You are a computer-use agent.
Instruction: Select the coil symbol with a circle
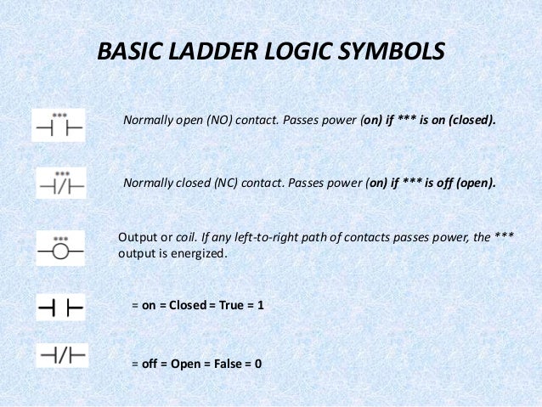tap(60, 248)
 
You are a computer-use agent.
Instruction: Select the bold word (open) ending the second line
tap(473, 183)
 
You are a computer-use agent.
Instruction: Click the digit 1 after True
tap(261, 303)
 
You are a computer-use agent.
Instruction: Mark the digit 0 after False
tap(258, 364)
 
